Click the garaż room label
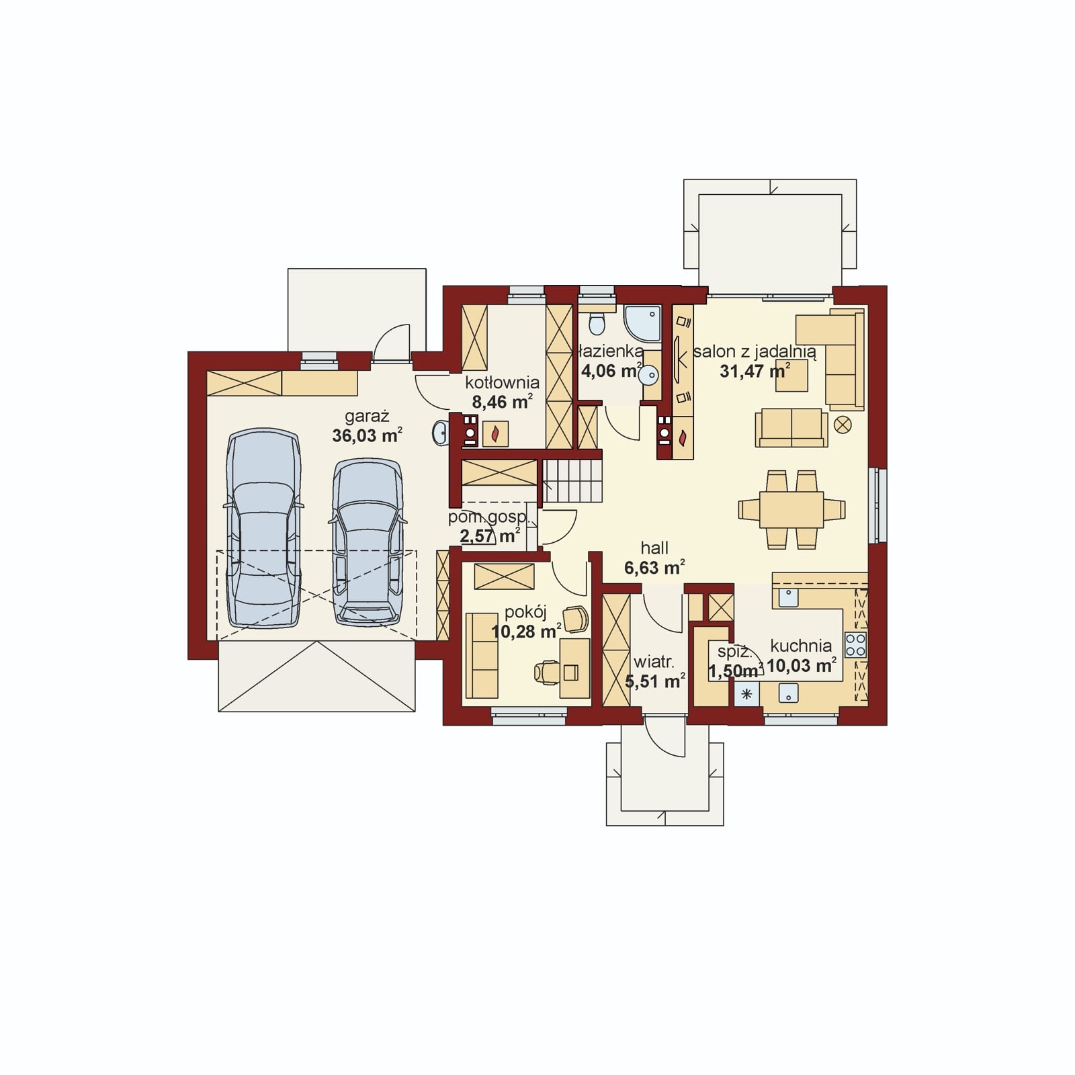tap(367, 417)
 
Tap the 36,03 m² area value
tap(367, 435)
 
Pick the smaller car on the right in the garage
tap(368, 543)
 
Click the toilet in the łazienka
tap(596, 322)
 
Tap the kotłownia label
tap(502, 382)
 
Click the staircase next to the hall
tap(572, 480)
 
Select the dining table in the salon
tap(791, 509)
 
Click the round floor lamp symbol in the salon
tap(842, 425)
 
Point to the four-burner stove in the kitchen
tap(855, 645)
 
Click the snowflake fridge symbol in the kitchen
tap(746, 693)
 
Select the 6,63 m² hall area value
tap(654, 568)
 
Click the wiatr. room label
tap(654, 662)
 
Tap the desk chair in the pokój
tap(547, 671)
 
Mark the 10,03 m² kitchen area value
tap(802, 665)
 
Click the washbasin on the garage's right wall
tap(439, 433)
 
